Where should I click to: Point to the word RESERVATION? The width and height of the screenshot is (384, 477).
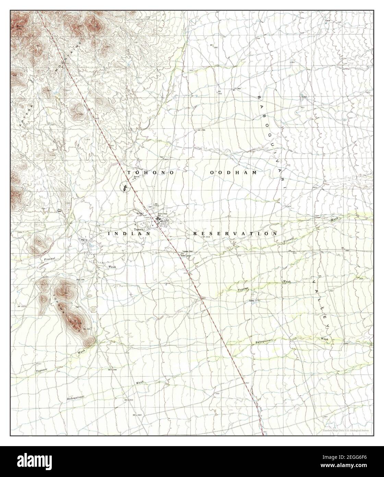[x=235, y=233]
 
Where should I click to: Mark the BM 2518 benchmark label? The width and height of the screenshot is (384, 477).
[x=206, y=237]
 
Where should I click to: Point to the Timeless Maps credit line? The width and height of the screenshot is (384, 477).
[x=347, y=430]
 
